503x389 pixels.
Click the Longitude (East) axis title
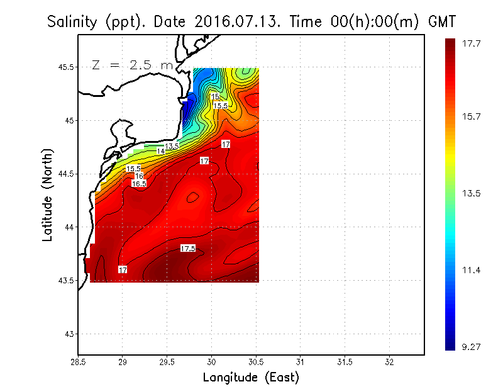(251, 378)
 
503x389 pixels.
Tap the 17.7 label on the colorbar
(472, 43)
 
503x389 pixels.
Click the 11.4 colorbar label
(472, 270)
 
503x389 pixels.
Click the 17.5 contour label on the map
(188, 249)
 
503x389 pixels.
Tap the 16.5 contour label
(139, 184)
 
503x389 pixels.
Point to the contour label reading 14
(161, 151)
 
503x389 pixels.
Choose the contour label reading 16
(139, 176)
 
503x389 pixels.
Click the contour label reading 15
(216, 97)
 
